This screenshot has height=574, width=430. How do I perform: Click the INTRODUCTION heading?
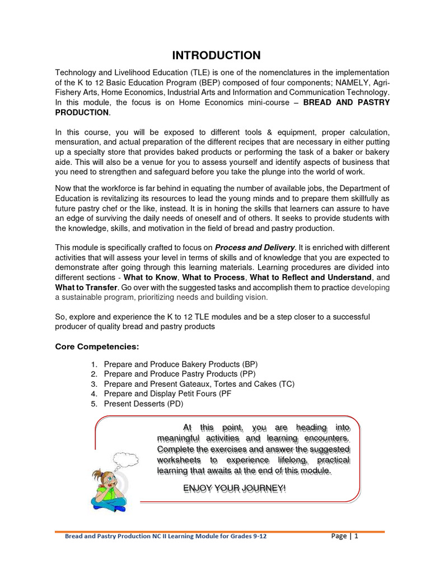[216, 55]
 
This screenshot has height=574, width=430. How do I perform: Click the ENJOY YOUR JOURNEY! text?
[235, 489]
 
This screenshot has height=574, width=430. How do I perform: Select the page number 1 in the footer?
[356, 536]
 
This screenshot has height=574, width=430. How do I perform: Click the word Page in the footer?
[339, 536]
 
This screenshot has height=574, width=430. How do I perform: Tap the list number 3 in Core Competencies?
[94, 384]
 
